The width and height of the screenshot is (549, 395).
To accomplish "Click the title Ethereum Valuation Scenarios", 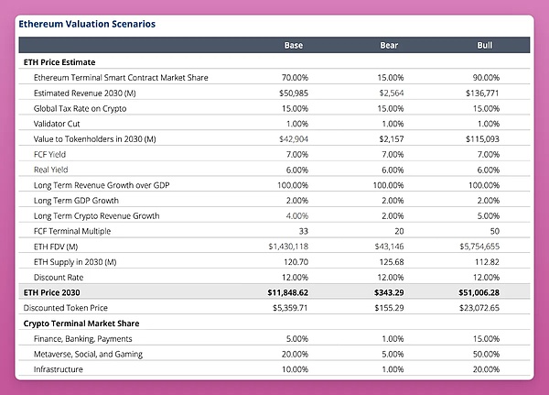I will (86, 22).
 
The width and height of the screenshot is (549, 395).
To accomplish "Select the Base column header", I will (294, 45).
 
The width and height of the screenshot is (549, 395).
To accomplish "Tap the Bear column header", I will (389, 45).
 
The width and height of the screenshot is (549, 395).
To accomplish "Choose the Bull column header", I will (486, 45).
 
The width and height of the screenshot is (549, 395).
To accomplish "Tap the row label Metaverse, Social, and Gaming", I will (87, 354).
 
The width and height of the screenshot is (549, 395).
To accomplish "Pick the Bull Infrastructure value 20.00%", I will (485, 369).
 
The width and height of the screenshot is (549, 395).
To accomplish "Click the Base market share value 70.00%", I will (295, 77).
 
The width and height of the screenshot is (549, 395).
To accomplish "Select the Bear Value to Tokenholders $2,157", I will (391, 138).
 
